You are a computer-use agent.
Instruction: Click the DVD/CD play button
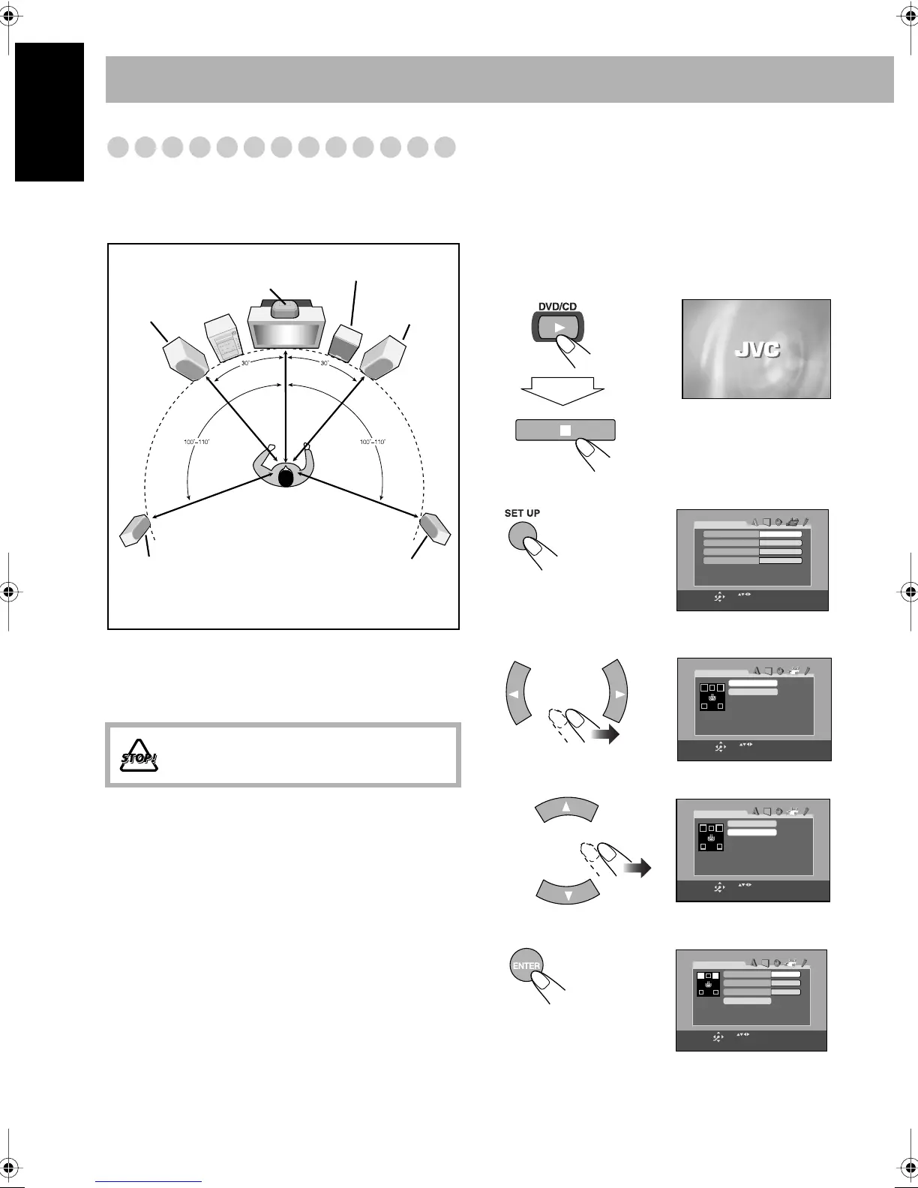pyautogui.click(x=558, y=327)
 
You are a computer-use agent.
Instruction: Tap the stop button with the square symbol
pyautogui.click(x=565, y=430)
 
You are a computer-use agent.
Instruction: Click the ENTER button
pyautogui.click(x=525, y=966)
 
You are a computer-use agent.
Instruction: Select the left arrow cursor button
pyautogui.click(x=514, y=694)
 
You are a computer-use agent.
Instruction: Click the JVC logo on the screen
pyautogui.click(x=756, y=349)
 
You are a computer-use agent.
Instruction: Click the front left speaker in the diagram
pyautogui.click(x=185, y=355)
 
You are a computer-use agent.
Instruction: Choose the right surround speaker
pyautogui.click(x=435, y=528)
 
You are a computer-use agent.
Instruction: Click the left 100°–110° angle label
pyautogui.click(x=197, y=442)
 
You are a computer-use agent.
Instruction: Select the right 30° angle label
pyautogui.click(x=325, y=364)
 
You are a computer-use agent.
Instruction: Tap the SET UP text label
pyautogui.click(x=522, y=513)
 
